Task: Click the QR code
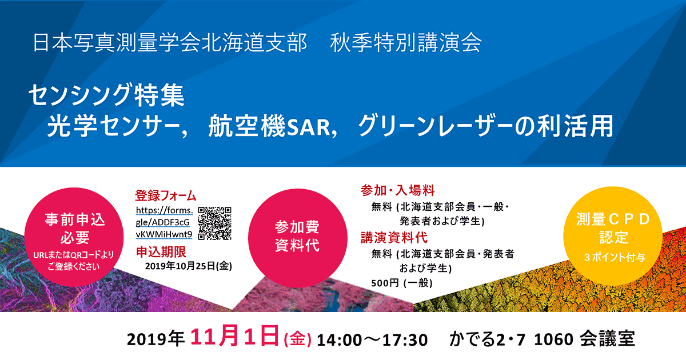(x=215, y=223)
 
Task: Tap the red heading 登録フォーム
(x=166, y=195)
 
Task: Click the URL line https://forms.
(x=165, y=210)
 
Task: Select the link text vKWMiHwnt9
(x=164, y=234)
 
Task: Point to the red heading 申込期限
(x=161, y=252)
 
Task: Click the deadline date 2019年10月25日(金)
(x=189, y=266)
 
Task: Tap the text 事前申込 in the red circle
(x=75, y=219)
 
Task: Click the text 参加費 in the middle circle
(x=297, y=227)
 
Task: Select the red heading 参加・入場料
(x=397, y=190)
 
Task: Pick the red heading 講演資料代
(x=394, y=238)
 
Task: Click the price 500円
(x=385, y=283)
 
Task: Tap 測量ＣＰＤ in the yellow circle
(x=613, y=219)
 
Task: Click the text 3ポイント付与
(x=615, y=257)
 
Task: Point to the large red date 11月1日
(x=234, y=337)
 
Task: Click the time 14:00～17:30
(x=372, y=340)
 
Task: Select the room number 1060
(x=554, y=339)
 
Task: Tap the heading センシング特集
(x=106, y=95)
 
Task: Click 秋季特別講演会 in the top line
(x=406, y=42)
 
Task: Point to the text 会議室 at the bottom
(x=608, y=339)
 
